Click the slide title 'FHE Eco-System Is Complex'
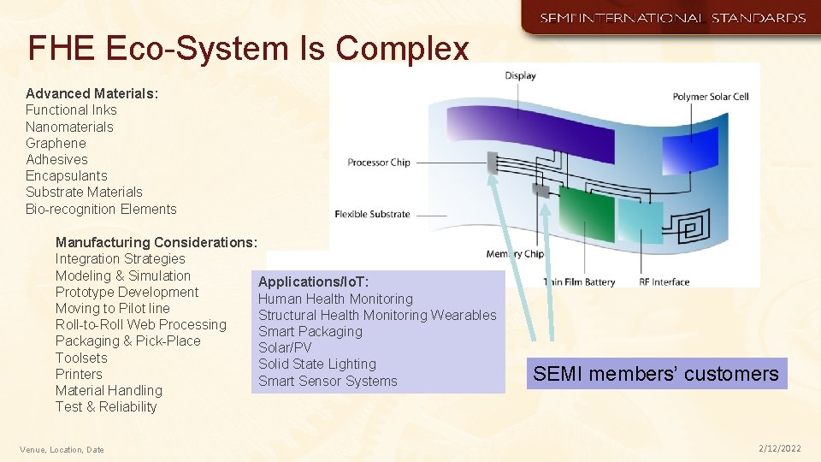click(248, 49)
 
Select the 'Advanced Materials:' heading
click(92, 93)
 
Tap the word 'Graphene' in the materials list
click(56, 143)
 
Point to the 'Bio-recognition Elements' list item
click(101, 209)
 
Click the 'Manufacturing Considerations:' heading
click(156, 242)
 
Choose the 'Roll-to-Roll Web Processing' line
click(141, 324)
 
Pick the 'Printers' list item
click(79, 374)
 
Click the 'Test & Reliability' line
click(106, 406)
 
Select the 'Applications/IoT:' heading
click(313, 281)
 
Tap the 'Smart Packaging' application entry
click(310, 331)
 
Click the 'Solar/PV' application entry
click(285, 347)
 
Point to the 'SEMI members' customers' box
click(656, 374)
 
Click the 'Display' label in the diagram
click(520, 76)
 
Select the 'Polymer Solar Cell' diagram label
click(710, 97)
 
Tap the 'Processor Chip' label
click(379, 163)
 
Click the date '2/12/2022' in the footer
click(779, 448)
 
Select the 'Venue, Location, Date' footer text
click(62, 449)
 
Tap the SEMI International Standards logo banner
click(671, 17)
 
